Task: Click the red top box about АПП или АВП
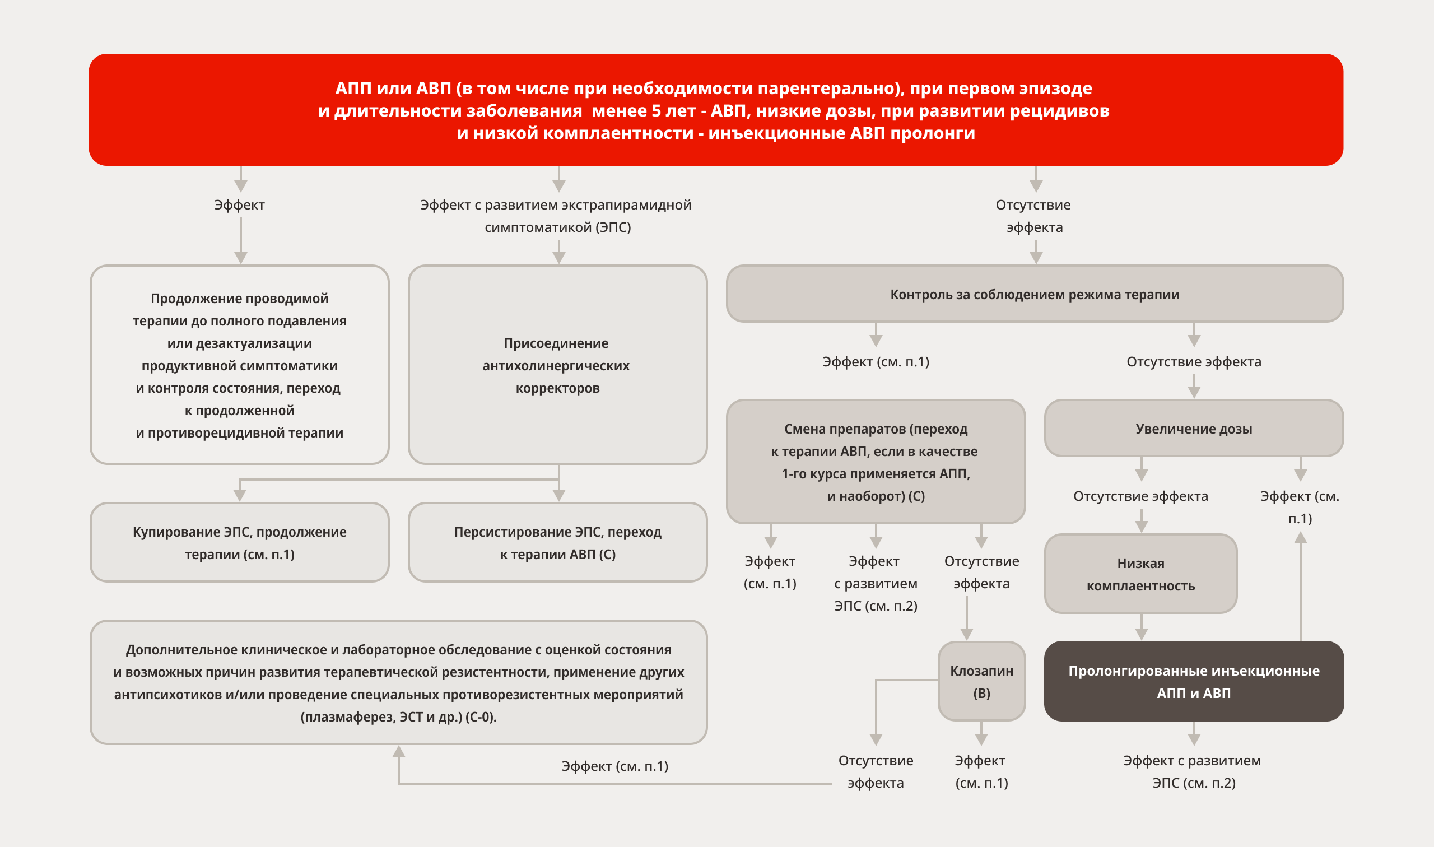pyautogui.click(x=715, y=110)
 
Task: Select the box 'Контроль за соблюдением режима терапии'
pyautogui.click(x=1034, y=294)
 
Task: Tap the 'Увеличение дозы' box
pyautogui.click(x=1193, y=429)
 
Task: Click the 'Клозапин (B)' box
pyautogui.click(x=981, y=682)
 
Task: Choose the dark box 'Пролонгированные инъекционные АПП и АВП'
pyautogui.click(x=1193, y=682)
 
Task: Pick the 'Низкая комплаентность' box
pyautogui.click(x=1140, y=574)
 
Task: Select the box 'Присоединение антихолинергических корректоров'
pyautogui.click(x=557, y=365)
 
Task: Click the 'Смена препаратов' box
pyautogui.click(x=876, y=462)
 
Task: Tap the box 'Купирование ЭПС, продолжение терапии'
pyautogui.click(x=239, y=543)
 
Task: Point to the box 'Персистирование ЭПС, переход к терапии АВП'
pyautogui.click(x=557, y=543)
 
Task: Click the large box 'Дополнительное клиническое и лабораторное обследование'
pyautogui.click(x=398, y=683)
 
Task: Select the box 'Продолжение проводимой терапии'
pyautogui.click(x=239, y=365)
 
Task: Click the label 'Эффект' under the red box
pyautogui.click(x=239, y=205)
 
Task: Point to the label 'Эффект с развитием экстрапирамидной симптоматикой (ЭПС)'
pyautogui.click(x=556, y=216)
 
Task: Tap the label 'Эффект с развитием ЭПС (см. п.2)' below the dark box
pyautogui.click(x=1193, y=772)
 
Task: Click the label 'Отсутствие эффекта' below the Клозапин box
pyautogui.click(x=876, y=772)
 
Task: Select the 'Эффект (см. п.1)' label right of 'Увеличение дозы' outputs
pyautogui.click(x=1300, y=507)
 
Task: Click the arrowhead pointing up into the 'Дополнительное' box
pyautogui.click(x=399, y=752)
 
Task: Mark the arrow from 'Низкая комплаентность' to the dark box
pyautogui.click(x=1140, y=628)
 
